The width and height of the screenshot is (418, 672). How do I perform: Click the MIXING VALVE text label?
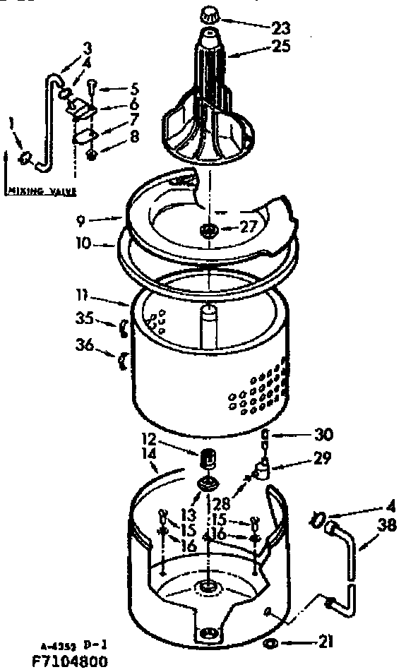coord(42,191)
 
